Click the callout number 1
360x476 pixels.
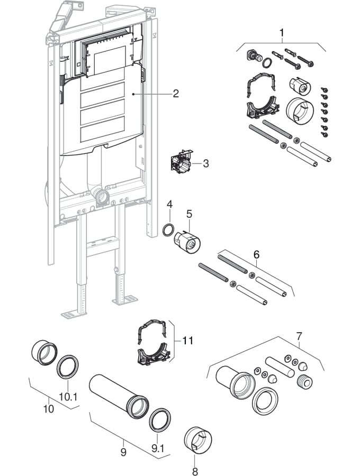[282, 33]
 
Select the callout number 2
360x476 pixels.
[175, 94]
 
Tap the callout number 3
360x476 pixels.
[205, 163]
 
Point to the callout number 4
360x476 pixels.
[169, 204]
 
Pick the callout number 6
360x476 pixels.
[256, 255]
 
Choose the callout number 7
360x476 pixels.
[300, 335]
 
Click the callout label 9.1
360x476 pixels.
[158, 448]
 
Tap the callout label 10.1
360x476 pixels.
[67, 396]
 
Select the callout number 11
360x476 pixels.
[187, 341]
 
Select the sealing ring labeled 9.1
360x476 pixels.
[159, 419]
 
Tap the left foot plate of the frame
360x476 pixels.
[74, 314]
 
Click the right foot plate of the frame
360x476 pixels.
[125, 300]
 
